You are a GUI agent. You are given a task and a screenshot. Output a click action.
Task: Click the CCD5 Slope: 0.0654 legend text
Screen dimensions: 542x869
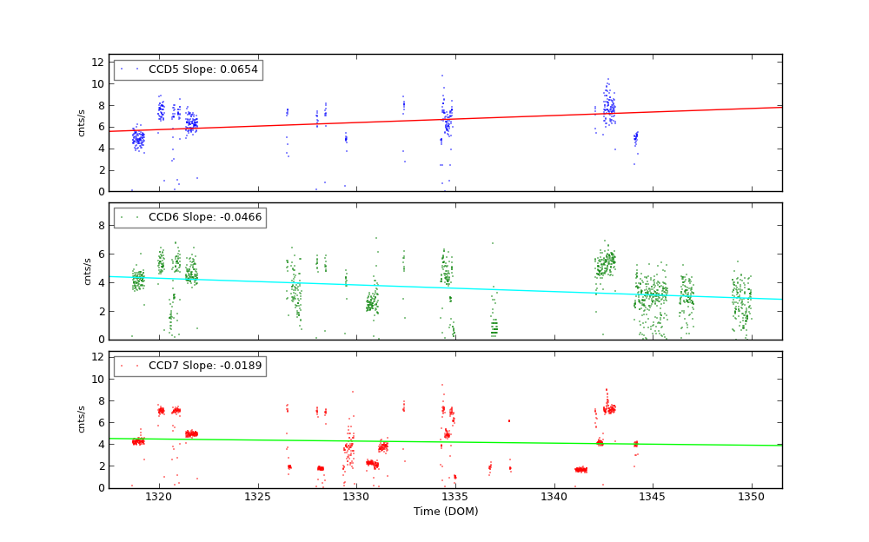(x=203, y=69)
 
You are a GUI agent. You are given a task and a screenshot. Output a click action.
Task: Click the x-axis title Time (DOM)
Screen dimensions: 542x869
(x=445, y=512)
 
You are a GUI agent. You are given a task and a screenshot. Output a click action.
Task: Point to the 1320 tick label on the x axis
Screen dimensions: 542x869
(x=158, y=497)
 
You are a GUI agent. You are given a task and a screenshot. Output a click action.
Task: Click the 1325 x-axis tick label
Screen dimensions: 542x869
(x=257, y=497)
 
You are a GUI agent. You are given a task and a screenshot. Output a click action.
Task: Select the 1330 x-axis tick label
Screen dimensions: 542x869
(x=356, y=497)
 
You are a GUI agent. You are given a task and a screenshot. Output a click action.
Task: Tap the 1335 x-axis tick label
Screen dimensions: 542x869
(x=454, y=497)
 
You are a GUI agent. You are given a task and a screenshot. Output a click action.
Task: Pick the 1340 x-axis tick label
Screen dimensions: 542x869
(x=554, y=497)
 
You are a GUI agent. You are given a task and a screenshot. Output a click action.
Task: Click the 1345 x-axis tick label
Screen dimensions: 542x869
(x=653, y=497)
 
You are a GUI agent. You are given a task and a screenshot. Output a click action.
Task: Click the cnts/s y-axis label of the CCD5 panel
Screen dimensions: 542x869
(x=82, y=122)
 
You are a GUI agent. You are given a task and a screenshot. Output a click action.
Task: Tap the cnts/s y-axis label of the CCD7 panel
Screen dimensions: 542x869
(x=82, y=420)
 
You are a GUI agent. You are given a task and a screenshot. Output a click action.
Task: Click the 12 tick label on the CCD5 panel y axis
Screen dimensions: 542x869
(x=97, y=63)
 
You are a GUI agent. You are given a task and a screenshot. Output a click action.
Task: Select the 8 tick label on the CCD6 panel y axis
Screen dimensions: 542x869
(x=101, y=226)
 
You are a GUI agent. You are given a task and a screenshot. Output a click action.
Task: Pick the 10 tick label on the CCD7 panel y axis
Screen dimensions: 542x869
(x=97, y=380)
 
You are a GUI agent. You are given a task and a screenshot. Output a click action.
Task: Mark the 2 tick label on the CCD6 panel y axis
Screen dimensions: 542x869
(x=101, y=311)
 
